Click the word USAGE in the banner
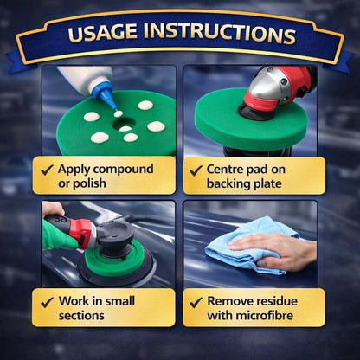point(102,31)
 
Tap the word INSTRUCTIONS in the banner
point(219,33)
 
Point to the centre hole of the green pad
point(124,124)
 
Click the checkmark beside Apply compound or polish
point(47,170)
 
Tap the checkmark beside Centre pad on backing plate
point(196,170)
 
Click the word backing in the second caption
point(228,183)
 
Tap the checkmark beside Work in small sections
point(47,302)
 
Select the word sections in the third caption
point(81,315)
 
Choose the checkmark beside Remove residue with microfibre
point(196,302)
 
